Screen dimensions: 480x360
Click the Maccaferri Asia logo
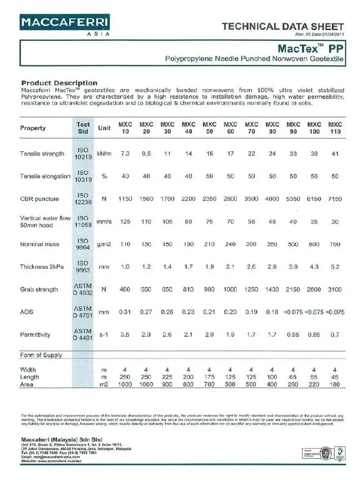coord(65,24)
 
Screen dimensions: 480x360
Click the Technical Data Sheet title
coord(283,27)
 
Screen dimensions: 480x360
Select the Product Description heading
coord(60,83)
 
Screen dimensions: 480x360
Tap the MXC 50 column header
coord(209,128)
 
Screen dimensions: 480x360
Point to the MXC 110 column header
coord(335,128)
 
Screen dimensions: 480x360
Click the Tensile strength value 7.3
coord(125,154)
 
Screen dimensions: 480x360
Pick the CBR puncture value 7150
coord(335,199)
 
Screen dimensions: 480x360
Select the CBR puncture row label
coord(39,199)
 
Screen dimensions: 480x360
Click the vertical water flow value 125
coord(125,222)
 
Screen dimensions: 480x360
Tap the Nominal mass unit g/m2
coord(104,244)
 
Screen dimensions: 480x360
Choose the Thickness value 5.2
coord(335,267)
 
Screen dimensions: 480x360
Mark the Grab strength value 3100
coord(335,290)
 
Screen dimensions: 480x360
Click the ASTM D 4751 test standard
coord(83,312)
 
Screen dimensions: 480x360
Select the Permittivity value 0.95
coord(293,335)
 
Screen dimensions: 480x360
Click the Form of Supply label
coord(41,355)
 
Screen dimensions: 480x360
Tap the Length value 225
coord(167,377)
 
